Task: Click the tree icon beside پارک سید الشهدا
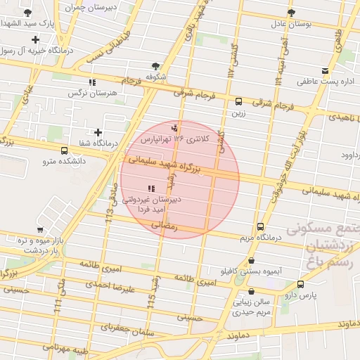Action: click(27, 13)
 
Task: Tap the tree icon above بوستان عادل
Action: click(290, 13)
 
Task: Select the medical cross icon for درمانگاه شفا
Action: click(98, 132)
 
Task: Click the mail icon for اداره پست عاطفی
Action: click(324, 70)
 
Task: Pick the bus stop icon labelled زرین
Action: click(239, 101)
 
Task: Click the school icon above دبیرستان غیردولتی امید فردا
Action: click(151, 188)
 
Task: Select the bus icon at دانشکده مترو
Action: click(65, 150)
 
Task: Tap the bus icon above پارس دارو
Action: click(301, 284)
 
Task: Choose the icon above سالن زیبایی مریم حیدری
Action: click(252, 292)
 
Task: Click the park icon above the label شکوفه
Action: click(151, 65)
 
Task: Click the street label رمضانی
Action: click(166, 226)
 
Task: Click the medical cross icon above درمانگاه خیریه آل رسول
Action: click(34, 39)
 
